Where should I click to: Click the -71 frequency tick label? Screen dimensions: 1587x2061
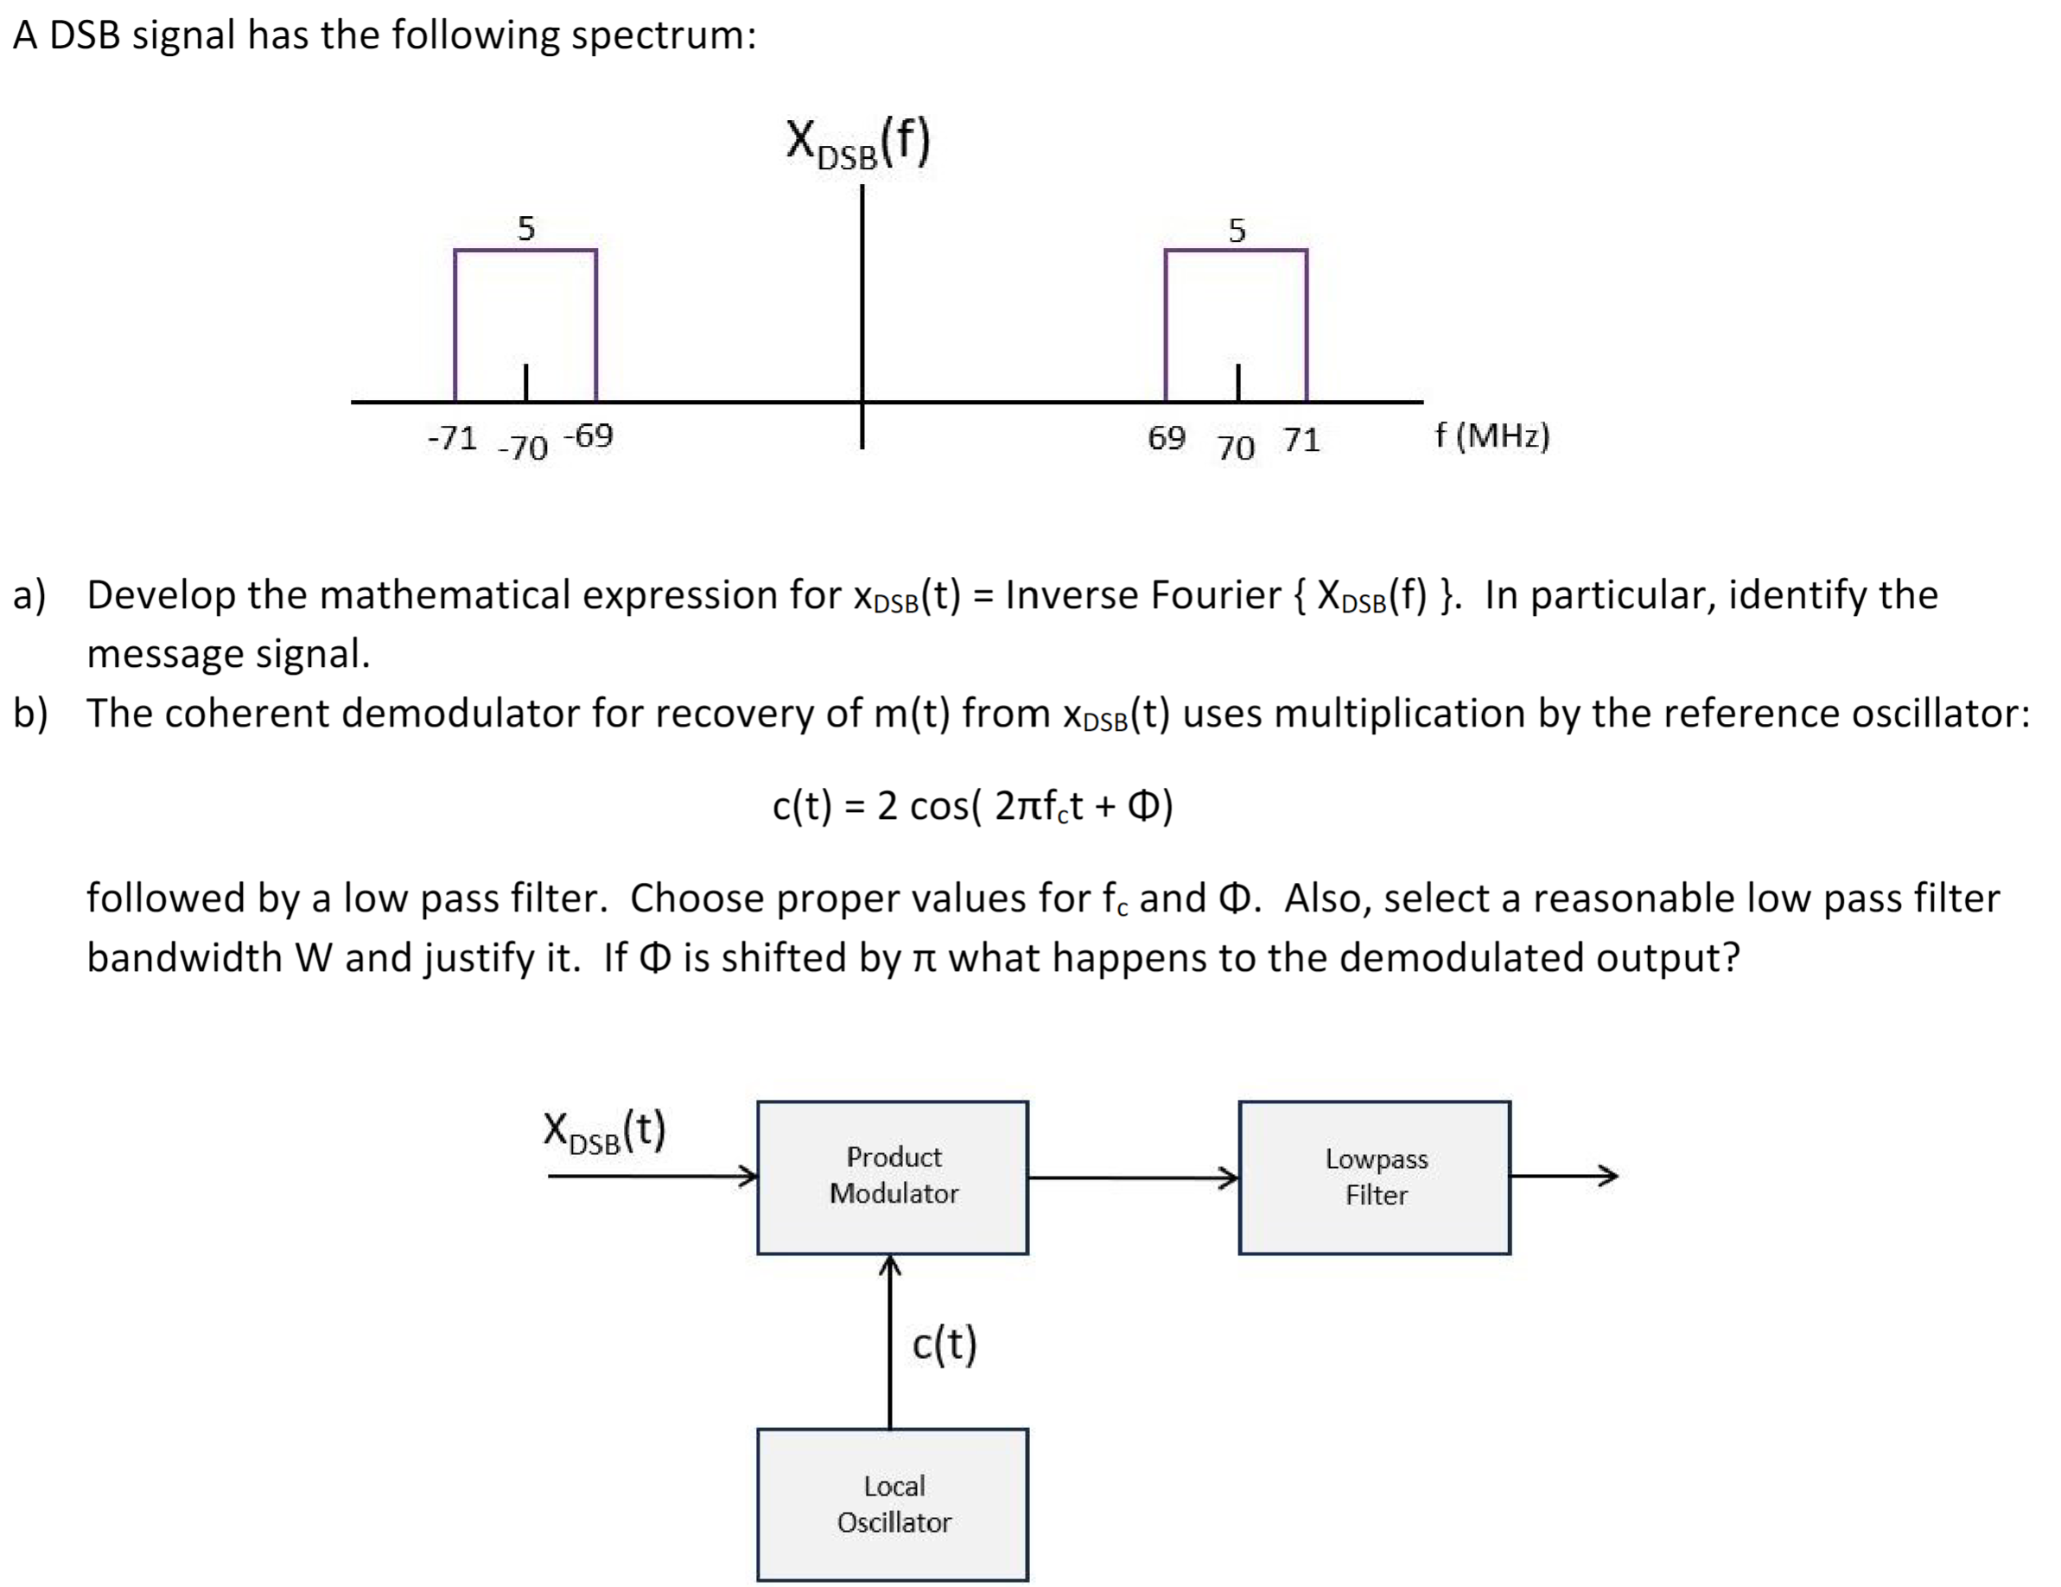tap(452, 437)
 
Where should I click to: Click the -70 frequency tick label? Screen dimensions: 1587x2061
tap(523, 447)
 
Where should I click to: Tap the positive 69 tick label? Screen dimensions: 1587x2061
tap(1167, 437)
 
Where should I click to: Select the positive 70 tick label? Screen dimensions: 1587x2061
tap(1235, 447)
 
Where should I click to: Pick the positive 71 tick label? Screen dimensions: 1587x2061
tap(1301, 439)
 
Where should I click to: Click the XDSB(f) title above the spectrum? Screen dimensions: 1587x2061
tap(858, 143)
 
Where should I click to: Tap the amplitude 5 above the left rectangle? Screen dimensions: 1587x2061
tap(525, 227)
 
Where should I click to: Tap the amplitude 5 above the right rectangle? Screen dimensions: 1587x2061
tap(1237, 229)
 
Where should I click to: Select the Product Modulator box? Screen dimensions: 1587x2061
tap(893, 1177)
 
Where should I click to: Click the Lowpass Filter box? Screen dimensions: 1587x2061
tap(1375, 1177)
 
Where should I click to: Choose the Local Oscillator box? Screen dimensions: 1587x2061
tap(893, 1504)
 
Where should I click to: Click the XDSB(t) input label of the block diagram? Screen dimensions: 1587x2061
tap(605, 1131)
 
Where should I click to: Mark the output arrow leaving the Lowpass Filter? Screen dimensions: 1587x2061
tap(1565, 1176)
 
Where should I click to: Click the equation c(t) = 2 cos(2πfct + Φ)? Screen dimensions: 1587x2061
tap(972, 805)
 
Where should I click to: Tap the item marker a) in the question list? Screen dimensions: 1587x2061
tap(29, 594)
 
